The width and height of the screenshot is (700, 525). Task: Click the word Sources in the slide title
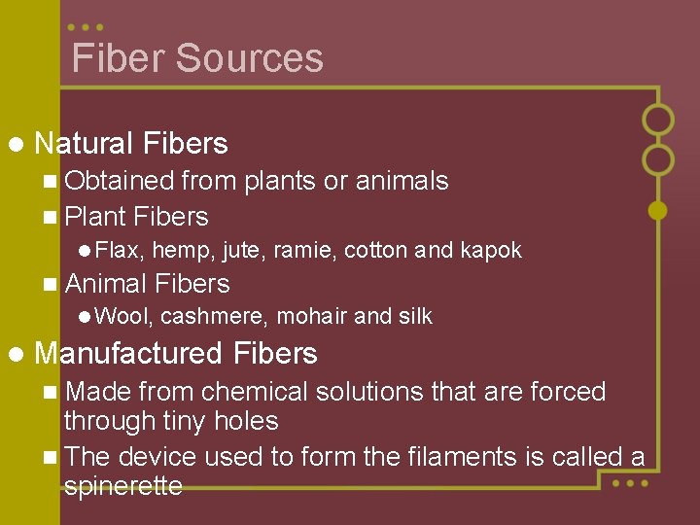point(250,58)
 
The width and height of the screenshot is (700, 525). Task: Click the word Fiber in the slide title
point(117,58)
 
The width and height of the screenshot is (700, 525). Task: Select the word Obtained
point(119,181)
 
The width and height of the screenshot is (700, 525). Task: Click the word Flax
point(119,251)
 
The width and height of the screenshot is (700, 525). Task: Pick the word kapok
point(490,251)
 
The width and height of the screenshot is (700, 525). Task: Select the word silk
point(413,316)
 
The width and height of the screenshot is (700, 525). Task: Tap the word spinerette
point(122,486)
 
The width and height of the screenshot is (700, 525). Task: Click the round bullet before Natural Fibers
point(14,145)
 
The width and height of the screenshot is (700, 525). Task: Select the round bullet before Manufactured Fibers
point(14,354)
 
